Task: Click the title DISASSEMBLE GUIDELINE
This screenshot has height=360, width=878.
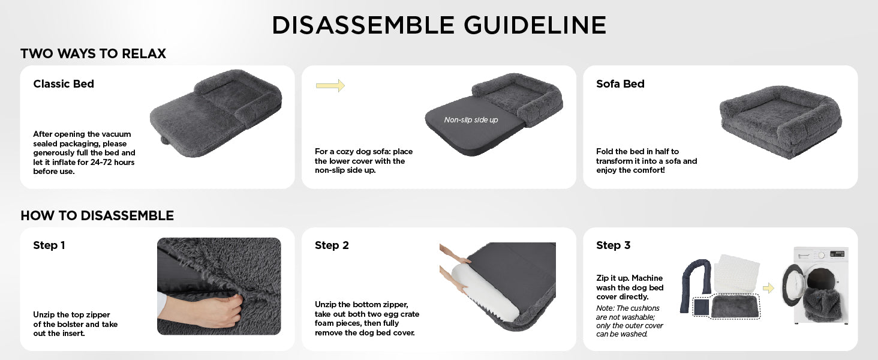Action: (439, 25)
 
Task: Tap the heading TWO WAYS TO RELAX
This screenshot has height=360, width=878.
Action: (94, 53)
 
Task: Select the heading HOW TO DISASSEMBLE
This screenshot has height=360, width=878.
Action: (97, 215)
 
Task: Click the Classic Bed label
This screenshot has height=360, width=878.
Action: (64, 83)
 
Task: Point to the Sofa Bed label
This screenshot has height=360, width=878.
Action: (620, 83)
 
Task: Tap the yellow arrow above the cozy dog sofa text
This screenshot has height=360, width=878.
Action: (330, 85)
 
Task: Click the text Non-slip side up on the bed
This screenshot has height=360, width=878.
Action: (471, 119)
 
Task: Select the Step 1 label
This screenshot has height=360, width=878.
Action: (49, 245)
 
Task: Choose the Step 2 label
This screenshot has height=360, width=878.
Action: (332, 245)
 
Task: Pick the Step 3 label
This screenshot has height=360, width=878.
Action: (613, 245)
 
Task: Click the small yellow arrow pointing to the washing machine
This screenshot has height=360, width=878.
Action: (768, 288)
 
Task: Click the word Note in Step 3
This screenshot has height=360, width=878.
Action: (604, 308)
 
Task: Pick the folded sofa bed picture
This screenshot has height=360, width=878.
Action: (780, 122)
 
